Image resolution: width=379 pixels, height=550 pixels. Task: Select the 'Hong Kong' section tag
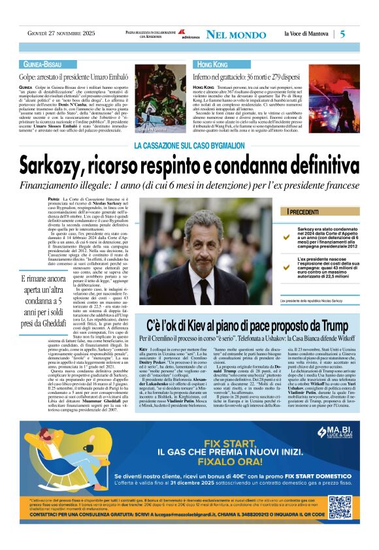point(212,65)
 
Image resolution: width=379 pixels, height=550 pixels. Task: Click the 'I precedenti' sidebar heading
point(303,213)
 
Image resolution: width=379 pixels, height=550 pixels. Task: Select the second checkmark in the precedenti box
point(286,267)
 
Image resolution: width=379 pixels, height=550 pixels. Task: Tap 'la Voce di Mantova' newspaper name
point(306,34)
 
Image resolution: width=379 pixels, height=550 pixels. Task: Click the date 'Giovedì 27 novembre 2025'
point(56,34)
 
